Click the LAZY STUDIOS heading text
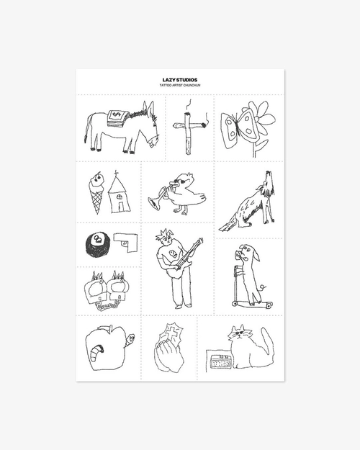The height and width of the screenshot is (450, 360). click(180, 80)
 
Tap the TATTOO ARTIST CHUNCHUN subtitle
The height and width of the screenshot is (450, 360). click(180, 86)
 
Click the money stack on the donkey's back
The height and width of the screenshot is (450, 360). click(117, 117)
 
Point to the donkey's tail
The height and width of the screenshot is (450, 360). click(86, 129)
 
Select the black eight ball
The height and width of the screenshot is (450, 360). click(97, 245)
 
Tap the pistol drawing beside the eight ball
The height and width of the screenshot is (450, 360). click(126, 242)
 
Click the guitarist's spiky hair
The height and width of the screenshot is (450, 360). click(165, 235)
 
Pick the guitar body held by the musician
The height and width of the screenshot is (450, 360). click(175, 271)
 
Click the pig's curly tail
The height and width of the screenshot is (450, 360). click(262, 287)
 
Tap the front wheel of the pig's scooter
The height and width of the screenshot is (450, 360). click(234, 303)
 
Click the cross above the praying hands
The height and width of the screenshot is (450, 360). click(171, 333)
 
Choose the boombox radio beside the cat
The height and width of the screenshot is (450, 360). click(220, 361)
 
